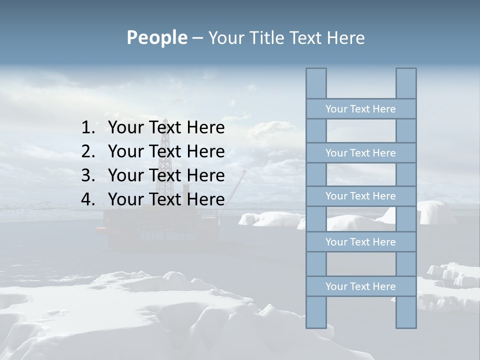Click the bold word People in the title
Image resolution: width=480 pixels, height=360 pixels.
tap(156, 37)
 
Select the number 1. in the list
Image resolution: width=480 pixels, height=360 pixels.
tap(88, 128)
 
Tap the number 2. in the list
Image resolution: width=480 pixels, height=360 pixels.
tap(88, 151)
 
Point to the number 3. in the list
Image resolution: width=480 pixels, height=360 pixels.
tap(88, 175)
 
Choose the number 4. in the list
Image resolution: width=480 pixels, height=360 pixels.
tap(88, 199)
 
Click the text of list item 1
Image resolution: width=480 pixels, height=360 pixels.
tap(166, 128)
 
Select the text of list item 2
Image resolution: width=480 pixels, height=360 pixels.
tap(166, 151)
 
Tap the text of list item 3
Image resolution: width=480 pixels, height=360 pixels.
tap(166, 175)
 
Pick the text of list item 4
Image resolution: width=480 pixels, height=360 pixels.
tap(166, 199)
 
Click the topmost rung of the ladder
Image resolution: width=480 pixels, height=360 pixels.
tap(360, 109)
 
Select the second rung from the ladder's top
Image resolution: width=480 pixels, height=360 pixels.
tap(360, 153)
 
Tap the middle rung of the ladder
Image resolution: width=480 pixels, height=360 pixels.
tap(360, 196)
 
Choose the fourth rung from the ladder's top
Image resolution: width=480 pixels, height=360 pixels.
tap(360, 242)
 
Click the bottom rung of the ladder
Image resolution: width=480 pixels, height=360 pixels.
tap(360, 286)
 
